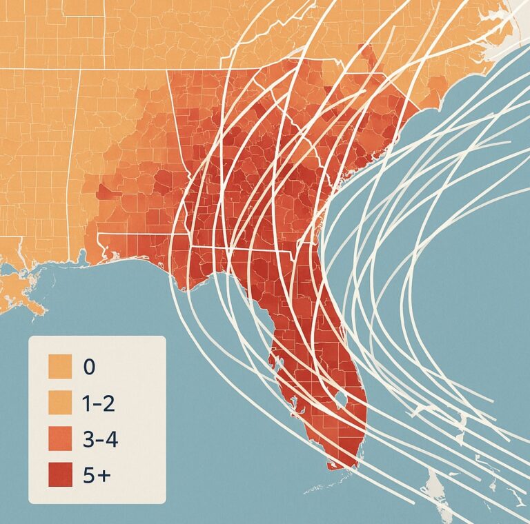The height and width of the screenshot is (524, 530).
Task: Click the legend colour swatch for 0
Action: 60,366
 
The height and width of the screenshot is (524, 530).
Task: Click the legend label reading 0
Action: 88,366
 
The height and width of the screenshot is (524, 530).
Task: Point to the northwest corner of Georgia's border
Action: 168,70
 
